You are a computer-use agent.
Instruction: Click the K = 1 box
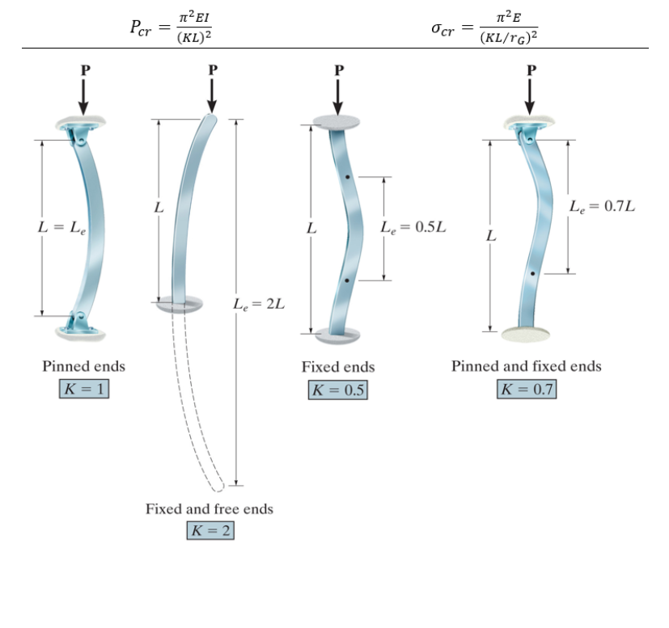(x=84, y=389)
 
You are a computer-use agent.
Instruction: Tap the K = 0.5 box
(x=337, y=390)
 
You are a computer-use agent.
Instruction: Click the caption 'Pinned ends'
(x=84, y=366)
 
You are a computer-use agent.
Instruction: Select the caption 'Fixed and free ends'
(x=209, y=509)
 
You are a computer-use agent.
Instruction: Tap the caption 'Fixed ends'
(x=337, y=367)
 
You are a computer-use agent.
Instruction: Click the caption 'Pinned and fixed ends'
(x=527, y=366)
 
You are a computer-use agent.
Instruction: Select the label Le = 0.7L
(x=602, y=206)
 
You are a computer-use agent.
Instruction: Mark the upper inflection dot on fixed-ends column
(x=346, y=176)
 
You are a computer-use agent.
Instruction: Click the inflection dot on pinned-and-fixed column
(x=532, y=274)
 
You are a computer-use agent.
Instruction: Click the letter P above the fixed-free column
(x=212, y=70)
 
